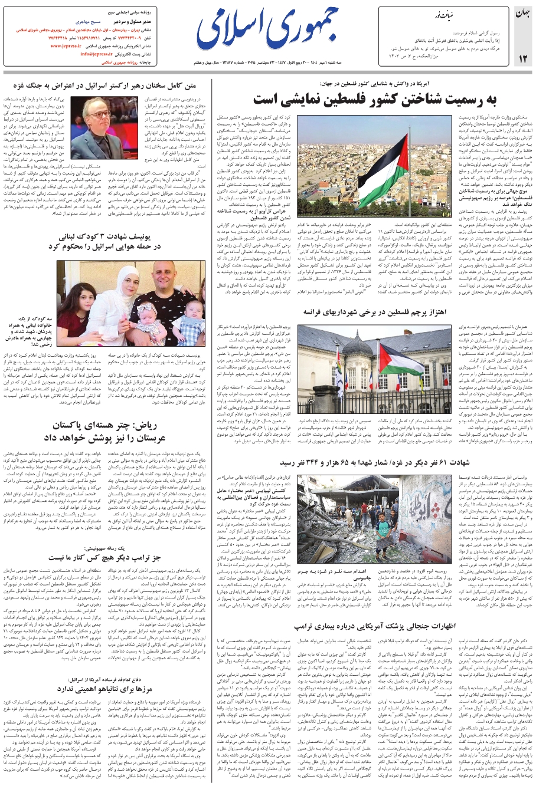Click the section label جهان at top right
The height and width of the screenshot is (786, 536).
pos(524,13)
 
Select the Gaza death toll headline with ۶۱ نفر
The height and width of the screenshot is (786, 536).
pos(378,462)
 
